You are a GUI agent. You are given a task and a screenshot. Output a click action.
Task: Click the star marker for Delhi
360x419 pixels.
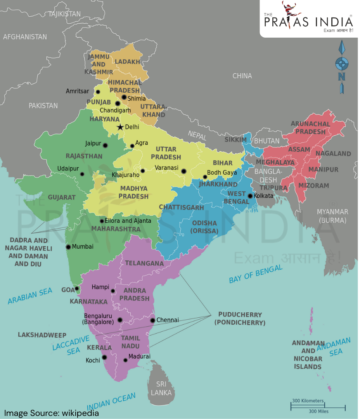120,127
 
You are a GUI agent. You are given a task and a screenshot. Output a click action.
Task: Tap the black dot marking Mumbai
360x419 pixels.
68,247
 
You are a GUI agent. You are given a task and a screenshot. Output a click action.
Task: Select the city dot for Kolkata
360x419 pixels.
250,196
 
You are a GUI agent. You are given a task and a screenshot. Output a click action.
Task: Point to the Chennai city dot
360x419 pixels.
153,320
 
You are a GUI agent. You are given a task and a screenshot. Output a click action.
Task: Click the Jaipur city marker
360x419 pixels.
105,145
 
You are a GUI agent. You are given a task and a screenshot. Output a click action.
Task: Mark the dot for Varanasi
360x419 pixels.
183,171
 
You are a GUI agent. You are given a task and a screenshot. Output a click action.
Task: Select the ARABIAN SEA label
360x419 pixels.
30,296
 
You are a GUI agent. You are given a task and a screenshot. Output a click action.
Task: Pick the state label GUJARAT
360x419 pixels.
62,197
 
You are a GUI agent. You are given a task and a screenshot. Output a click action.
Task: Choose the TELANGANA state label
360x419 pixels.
144,263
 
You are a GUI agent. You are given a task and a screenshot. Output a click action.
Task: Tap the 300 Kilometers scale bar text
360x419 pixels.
308,400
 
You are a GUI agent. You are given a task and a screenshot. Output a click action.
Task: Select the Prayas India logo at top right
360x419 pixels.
308,18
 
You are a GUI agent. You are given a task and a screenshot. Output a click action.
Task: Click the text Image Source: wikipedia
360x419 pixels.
52,413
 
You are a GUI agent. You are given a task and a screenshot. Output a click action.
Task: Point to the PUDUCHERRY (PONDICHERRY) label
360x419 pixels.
240,319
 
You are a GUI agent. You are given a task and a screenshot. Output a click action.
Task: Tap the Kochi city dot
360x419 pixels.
104,357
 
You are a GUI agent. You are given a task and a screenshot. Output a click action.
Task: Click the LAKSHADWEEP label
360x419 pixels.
42,335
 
